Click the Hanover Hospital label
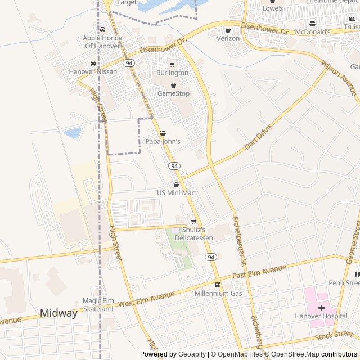tap(321, 316)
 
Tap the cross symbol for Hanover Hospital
tap(321, 308)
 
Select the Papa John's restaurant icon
tap(163, 133)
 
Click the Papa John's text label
tap(163, 142)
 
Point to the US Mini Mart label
tap(177, 193)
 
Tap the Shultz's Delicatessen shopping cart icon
tap(193, 222)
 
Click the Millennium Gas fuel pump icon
tap(218, 285)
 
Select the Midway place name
tap(58, 313)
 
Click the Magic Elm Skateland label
tap(98, 305)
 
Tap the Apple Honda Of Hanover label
tap(102, 42)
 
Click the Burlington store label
tap(173, 73)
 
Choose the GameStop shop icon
tap(173, 85)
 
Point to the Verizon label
tap(228, 39)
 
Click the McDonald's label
tap(312, 32)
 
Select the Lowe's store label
tap(273, 8)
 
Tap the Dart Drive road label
tap(258, 138)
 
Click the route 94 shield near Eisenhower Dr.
tap(129, 63)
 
